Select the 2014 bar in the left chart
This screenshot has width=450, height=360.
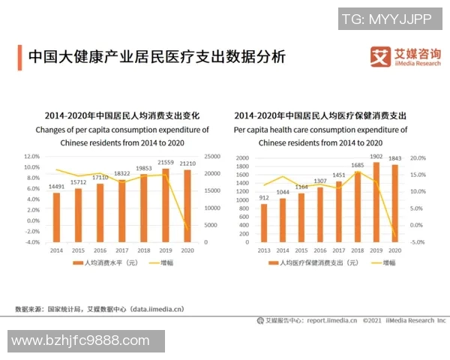[x=56, y=217]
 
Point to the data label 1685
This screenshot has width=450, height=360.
[x=358, y=165]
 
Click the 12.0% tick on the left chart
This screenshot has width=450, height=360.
[x=31, y=156]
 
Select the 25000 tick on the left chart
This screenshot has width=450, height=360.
[x=192, y=156]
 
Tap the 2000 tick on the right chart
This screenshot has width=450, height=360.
[x=241, y=158]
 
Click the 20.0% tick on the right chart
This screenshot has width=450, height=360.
[x=418, y=158]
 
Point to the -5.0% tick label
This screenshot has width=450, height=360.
[x=418, y=242]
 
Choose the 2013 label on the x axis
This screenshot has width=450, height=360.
[x=263, y=249]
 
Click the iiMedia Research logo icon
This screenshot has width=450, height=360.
[x=381, y=57]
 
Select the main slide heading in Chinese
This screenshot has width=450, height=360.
[x=157, y=57]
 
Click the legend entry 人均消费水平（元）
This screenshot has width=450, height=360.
[x=104, y=263]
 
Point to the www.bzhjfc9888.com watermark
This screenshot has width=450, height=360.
[x=81, y=341]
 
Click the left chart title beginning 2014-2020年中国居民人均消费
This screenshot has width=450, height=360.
[x=122, y=116]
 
